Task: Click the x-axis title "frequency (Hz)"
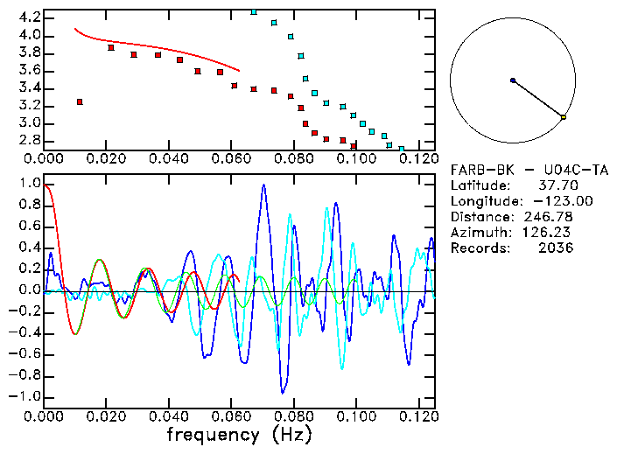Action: click(239, 434)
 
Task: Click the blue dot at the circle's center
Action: click(513, 80)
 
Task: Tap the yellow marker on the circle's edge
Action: click(564, 116)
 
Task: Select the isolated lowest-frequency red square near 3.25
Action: click(80, 102)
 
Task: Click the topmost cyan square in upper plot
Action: click(254, 12)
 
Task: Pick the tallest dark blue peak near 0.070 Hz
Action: click(263, 185)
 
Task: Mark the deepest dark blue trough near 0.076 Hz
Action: click(282, 392)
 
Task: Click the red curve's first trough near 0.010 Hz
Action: click(75, 334)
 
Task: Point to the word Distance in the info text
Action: click(481, 217)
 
